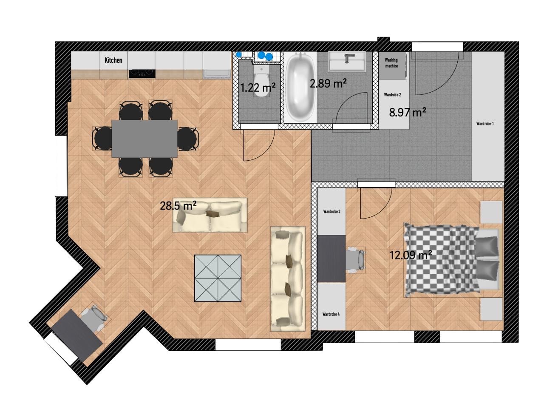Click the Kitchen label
tap(113, 60)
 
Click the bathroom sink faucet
tap(348, 58)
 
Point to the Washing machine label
tap(391, 63)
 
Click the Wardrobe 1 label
tap(485, 123)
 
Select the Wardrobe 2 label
tap(392, 95)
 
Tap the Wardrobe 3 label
tap(331, 211)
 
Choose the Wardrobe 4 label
tap(331, 314)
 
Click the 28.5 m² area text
tap(178, 205)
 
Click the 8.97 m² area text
tap(408, 112)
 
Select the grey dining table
tap(144, 139)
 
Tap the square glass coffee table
tap(218, 278)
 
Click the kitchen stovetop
tap(142, 73)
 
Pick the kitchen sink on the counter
tap(217, 74)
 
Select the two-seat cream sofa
tap(210, 216)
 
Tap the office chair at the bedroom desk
tap(356, 260)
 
